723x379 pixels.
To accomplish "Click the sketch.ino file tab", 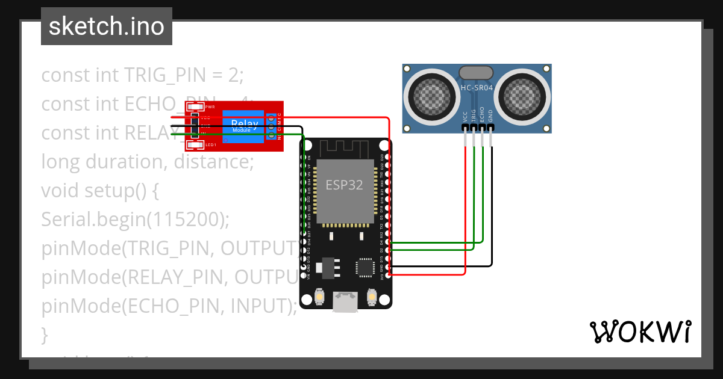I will tap(107, 26).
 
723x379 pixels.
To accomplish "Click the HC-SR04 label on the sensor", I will tap(477, 88).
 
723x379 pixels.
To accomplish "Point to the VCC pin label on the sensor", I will tap(465, 117).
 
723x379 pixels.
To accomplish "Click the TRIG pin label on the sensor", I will tap(474, 116).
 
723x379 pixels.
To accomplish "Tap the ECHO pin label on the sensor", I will tap(482, 116).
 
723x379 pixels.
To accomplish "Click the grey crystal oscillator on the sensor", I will tap(477, 73).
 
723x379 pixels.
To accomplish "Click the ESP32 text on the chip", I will tap(345, 185).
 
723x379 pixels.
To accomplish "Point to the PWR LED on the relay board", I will tap(195, 106).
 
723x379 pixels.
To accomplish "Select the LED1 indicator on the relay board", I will tap(195, 145).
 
